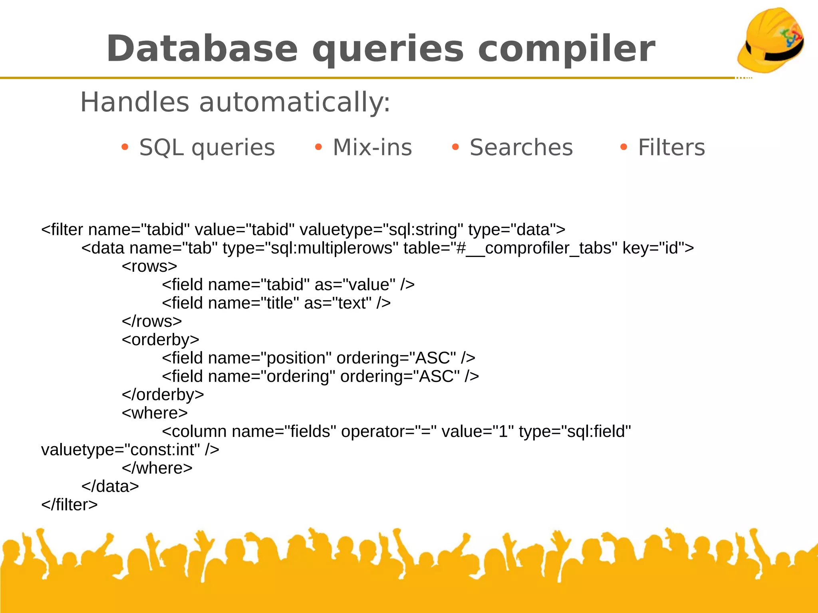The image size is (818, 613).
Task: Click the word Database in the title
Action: click(x=202, y=49)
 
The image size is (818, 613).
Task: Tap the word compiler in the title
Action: click(x=566, y=49)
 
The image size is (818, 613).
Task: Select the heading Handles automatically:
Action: click(x=235, y=102)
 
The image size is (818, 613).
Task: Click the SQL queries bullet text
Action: click(x=207, y=147)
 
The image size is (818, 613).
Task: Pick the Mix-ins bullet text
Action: click(x=372, y=147)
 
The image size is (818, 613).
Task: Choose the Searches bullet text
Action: click(x=521, y=147)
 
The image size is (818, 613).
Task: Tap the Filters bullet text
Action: click(x=671, y=147)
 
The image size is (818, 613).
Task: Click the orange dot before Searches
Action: click(x=455, y=147)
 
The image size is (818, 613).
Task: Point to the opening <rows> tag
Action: click(x=149, y=266)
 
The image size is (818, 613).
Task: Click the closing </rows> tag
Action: click(x=152, y=321)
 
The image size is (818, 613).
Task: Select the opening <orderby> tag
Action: click(x=161, y=340)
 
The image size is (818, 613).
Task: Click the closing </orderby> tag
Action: click(x=163, y=395)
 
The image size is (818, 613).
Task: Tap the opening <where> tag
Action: click(x=155, y=413)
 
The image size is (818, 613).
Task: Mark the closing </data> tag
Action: click(x=110, y=486)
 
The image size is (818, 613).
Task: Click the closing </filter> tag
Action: click(x=69, y=505)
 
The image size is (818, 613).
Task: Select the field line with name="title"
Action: click(x=276, y=303)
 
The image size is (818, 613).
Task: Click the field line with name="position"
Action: click(x=318, y=358)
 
